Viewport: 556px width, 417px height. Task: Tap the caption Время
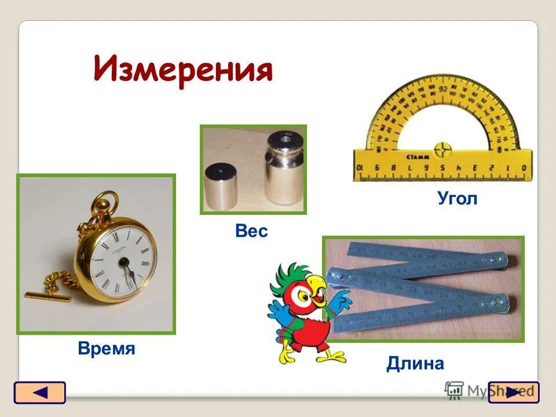coord(106,349)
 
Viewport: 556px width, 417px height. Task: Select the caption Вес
coord(251,232)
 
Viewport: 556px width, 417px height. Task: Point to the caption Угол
coord(457,199)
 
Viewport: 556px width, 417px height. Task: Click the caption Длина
coord(415,364)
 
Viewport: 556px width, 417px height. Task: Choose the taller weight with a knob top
coord(284,168)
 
